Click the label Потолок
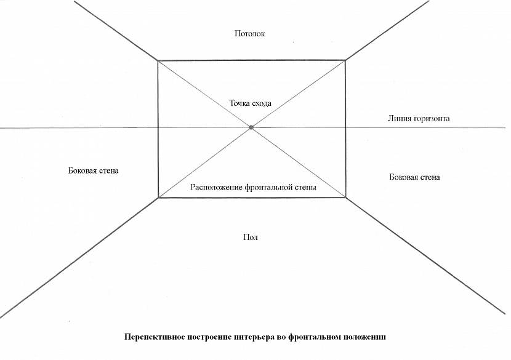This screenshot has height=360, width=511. pos(249,33)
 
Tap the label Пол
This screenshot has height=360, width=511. pos(250,237)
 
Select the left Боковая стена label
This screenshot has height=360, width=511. pos(93,170)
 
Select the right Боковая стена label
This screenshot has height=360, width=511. pos(414,177)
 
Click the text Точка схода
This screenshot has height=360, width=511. pos(250,103)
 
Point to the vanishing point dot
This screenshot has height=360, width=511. pos(251,127)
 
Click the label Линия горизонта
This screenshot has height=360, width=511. pos(419,118)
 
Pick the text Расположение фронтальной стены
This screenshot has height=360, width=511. pos(253,188)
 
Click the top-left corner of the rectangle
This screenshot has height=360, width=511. pos(158,61)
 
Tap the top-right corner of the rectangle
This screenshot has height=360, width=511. pos(345,60)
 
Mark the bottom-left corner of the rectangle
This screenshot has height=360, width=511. pos(158,198)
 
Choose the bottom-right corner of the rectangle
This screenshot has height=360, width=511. pos(345,198)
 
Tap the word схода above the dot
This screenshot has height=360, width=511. pos(261,103)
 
